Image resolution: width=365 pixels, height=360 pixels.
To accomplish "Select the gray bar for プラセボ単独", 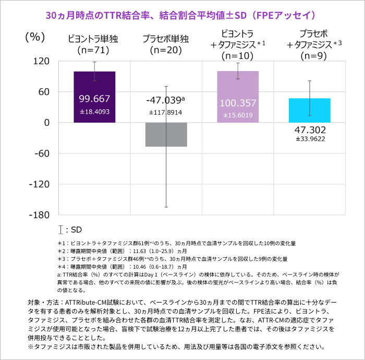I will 166,135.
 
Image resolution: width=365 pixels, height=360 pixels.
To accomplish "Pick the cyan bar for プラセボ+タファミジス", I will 310,110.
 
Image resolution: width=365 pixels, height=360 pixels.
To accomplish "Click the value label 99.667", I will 94,99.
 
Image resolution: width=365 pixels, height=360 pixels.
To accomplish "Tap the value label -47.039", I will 165,100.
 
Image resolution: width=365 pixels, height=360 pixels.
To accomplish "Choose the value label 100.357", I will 238,103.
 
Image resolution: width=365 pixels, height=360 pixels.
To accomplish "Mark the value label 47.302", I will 310,129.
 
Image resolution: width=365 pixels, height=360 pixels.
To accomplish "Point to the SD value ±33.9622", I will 310,139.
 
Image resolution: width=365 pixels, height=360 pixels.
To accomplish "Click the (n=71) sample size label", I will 94,50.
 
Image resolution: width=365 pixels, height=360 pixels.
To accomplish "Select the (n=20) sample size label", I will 166,50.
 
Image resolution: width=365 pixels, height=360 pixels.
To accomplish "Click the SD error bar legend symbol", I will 62,230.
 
